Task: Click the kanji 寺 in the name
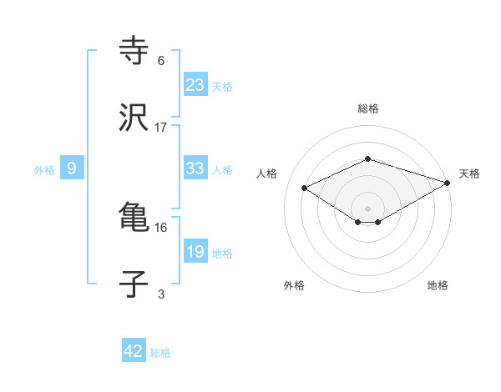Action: pyautogui.click(x=134, y=51)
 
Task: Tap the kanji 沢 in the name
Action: pyautogui.click(x=134, y=118)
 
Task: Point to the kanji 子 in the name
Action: pyautogui.click(x=134, y=284)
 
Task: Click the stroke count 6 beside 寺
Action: pyautogui.click(x=161, y=60)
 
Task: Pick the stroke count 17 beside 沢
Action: pyautogui.click(x=161, y=128)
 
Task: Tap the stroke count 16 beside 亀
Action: pyautogui.click(x=161, y=227)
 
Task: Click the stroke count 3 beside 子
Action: pyautogui.click(x=161, y=293)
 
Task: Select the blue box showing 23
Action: pyautogui.click(x=195, y=84)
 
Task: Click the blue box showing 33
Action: pyautogui.click(x=195, y=168)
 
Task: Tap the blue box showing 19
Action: pyautogui.click(x=195, y=252)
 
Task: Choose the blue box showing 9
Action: pyautogui.click(x=72, y=168)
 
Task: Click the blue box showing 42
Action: pyautogui.click(x=134, y=351)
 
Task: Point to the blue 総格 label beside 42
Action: pyautogui.click(x=160, y=353)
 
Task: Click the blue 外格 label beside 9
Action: pyautogui.click(x=44, y=170)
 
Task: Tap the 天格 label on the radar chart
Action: pyautogui.click(x=469, y=173)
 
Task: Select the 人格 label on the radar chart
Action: pyautogui.click(x=267, y=173)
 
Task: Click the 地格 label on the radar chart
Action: pyautogui.click(x=438, y=286)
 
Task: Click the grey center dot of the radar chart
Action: pyautogui.click(x=368, y=208)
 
